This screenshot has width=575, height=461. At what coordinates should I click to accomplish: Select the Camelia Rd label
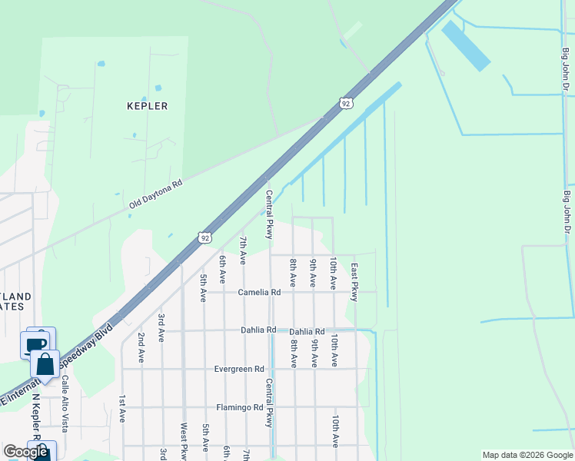259,293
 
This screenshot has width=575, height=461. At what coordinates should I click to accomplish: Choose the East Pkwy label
354,282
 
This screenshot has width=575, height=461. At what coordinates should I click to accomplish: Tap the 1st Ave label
121,410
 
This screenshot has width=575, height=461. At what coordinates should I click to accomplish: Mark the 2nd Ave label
141,347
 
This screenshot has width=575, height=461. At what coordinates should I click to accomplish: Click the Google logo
25,452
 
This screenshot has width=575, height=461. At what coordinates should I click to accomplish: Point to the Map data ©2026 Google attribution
527,455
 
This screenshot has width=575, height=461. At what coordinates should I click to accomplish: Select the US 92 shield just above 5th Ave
203,238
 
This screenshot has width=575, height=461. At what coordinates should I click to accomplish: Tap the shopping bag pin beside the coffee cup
45,364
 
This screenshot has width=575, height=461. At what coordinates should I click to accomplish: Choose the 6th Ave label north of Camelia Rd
223,267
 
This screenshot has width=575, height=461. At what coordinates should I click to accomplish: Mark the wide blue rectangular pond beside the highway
465,45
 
